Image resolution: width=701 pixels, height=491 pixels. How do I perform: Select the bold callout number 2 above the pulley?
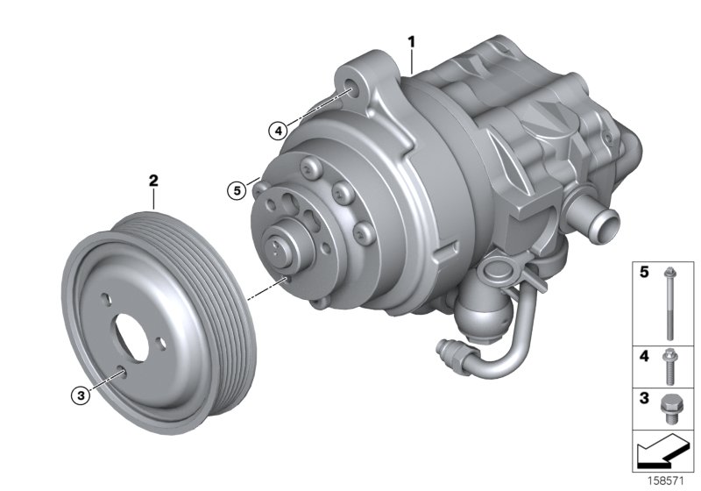(153, 181)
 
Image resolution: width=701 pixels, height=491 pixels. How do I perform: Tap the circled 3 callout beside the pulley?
(80, 396)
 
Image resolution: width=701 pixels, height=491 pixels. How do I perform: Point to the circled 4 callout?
(277, 131)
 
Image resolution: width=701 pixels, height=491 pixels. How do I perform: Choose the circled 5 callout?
(235, 189)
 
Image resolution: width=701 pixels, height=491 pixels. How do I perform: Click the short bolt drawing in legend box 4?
(669, 364)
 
